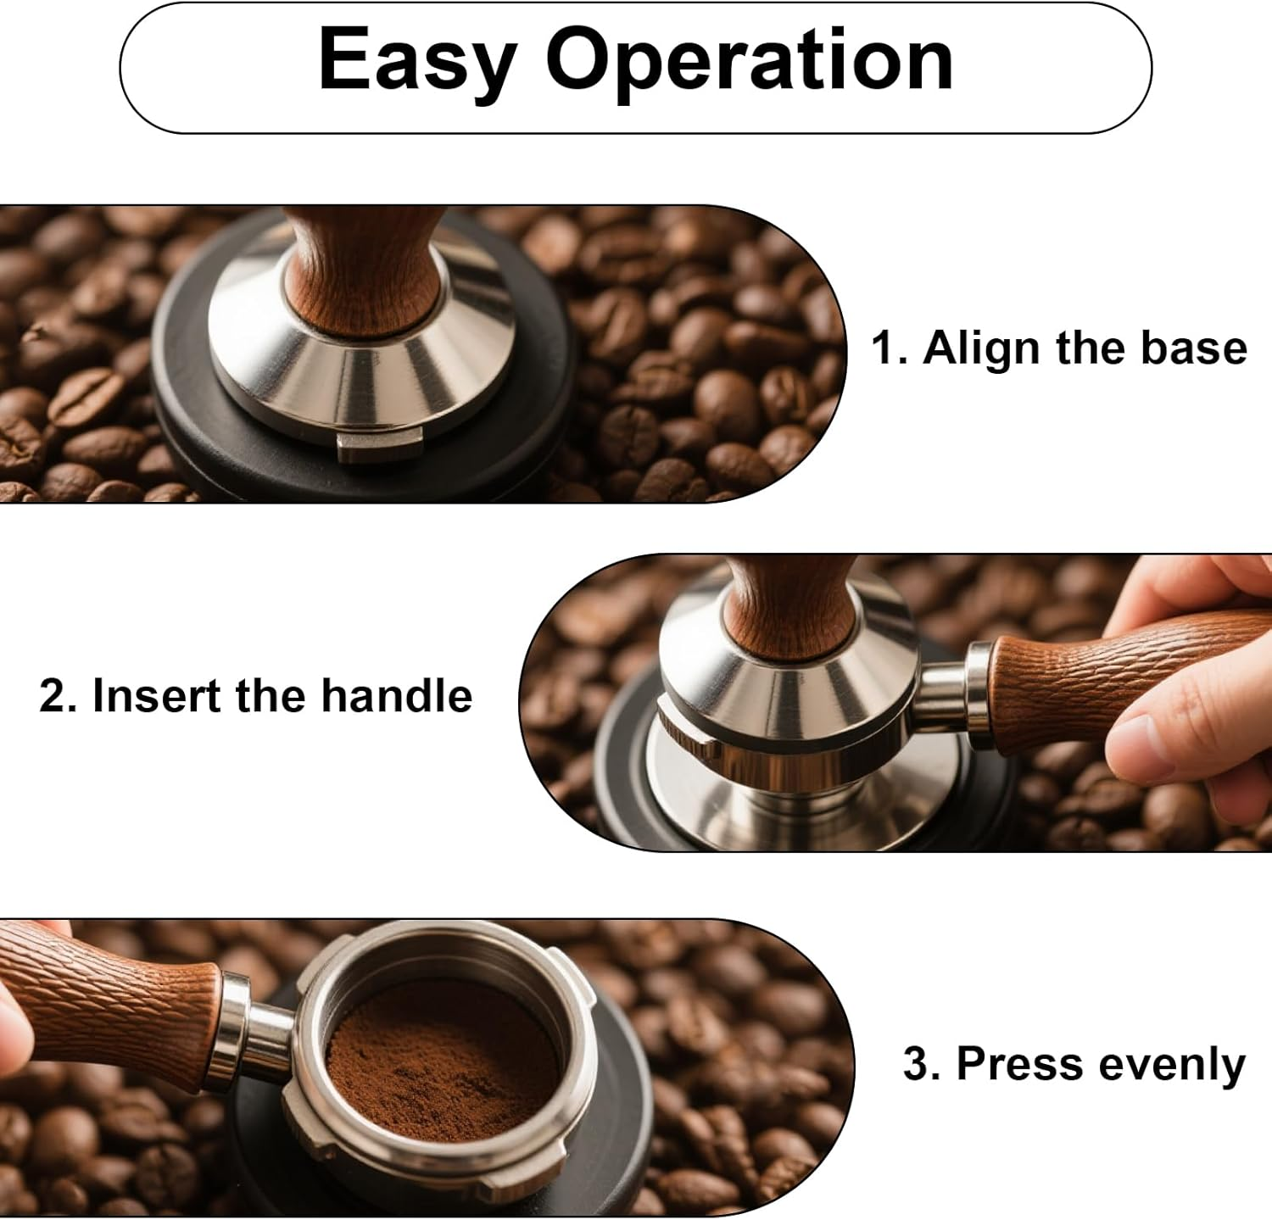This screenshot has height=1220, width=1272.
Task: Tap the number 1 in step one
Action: pyautogui.click(x=884, y=348)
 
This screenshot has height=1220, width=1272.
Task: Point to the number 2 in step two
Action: pyautogui.click(x=54, y=696)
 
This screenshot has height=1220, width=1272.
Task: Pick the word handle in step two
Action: pyautogui.click(x=396, y=696)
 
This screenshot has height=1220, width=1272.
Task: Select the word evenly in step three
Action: pyautogui.click(x=1170, y=1064)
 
